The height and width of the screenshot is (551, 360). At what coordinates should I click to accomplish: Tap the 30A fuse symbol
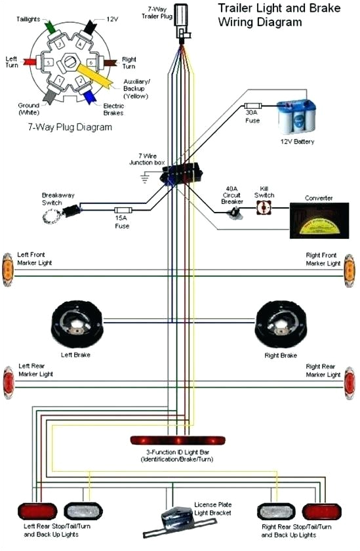253,106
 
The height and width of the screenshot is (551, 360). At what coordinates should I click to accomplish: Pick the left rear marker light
7,381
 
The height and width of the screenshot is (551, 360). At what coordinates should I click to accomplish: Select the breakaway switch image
71,210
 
